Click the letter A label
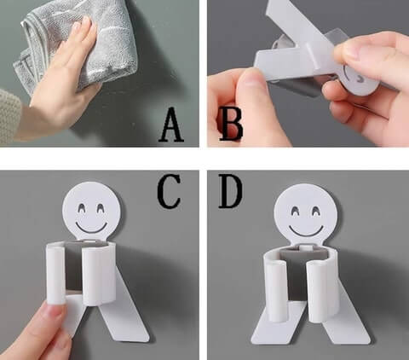click(171, 125)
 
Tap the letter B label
click(232, 125)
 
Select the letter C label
click(169, 191)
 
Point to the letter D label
click(230, 191)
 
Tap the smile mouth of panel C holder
click(91, 228)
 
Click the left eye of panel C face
click(82, 208)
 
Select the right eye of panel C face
click(101, 208)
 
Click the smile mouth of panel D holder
click(306, 230)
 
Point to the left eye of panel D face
click(296, 211)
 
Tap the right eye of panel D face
click(316, 211)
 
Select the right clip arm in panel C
click(94, 276)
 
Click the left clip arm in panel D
click(276, 291)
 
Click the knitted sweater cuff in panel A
click(10, 117)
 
